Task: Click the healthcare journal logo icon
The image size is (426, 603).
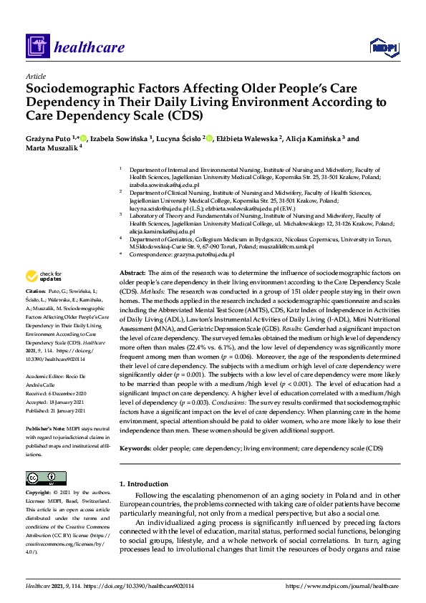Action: click(x=37, y=47)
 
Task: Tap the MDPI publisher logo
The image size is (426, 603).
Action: click(x=382, y=47)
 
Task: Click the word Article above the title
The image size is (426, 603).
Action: click(x=35, y=76)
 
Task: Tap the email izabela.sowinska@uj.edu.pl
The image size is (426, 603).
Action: click(x=164, y=184)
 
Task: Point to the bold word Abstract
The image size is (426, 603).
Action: click(x=132, y=274)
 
